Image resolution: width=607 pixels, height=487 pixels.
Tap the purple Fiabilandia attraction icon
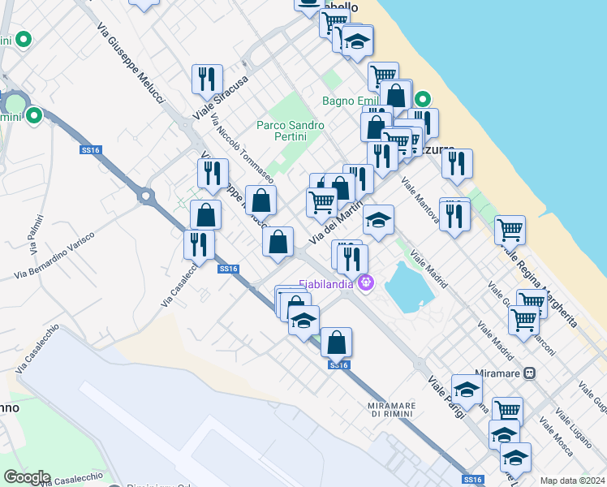[366, 283]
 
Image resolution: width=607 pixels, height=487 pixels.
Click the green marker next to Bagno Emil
[422, 101]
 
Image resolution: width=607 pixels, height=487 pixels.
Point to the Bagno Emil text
[350, 101]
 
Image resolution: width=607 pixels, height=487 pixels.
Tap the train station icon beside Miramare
[530, 373]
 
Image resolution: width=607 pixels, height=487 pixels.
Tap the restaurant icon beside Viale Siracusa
[208, 80]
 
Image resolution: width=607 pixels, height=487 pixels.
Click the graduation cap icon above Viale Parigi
[467, 390]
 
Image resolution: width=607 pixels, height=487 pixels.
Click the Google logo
[27, 477]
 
